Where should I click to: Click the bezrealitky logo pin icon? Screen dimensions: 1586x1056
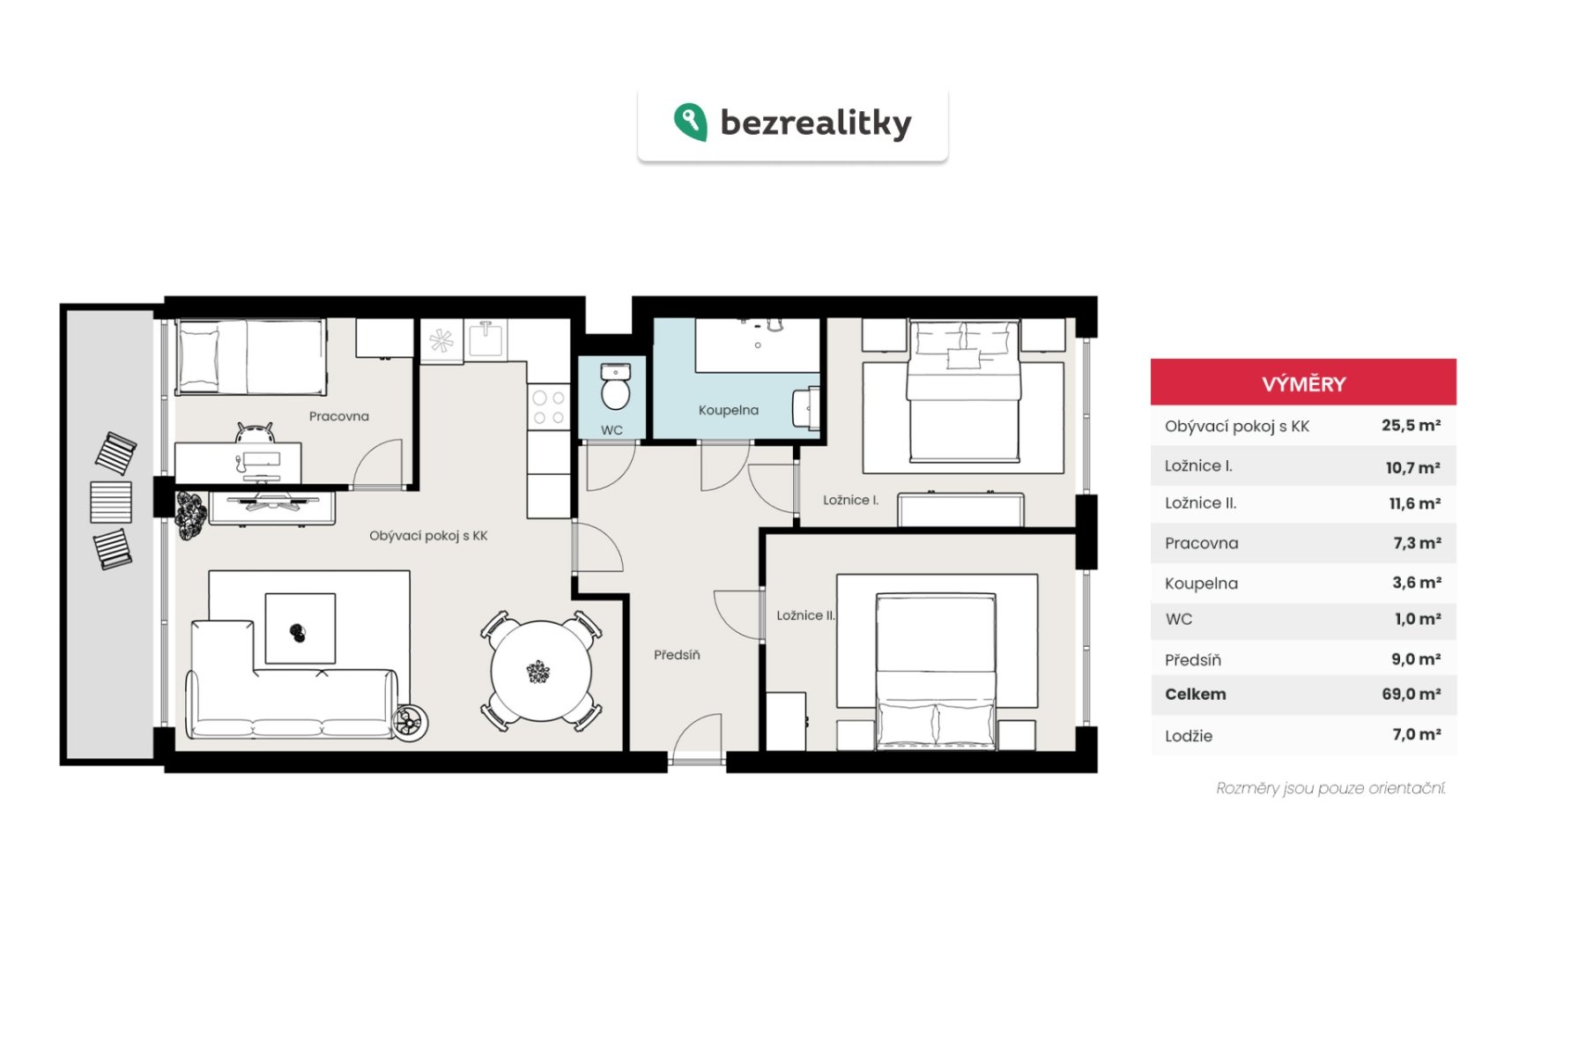click(x=691, y=122)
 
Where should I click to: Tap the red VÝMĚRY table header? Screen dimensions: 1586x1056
click(x=1303, y=383)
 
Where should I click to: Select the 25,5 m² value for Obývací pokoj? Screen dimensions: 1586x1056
click(x=1411, y=425)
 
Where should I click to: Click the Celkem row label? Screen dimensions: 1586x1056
click(x=1195, y=694)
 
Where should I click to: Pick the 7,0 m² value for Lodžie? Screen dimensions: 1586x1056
click(x=1416, y=734)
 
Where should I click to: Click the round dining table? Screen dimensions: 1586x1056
click(x=540, y=672)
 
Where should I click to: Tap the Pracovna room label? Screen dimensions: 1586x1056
click(x=339, y=416)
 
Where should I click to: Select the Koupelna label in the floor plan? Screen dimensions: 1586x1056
click(x=729, y=410)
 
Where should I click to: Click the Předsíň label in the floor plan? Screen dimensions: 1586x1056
click(x=677, y=655)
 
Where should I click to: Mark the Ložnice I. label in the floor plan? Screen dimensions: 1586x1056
click(x=850, y=500)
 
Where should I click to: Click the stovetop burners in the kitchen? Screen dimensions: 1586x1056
click(x=548, y=408)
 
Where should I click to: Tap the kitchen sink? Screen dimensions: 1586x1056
click(x=485, y=338)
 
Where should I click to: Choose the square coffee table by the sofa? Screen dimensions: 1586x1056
click(x=300, y=628)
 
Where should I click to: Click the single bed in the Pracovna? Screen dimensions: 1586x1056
click(x=251, y=357)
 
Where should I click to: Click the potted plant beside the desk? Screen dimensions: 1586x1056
click(x=190, y=514)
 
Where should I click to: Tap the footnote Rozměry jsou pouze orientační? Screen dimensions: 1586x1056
click(x=1330, y=788)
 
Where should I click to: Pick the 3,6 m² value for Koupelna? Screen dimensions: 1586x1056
click(x=1417, y=583)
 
